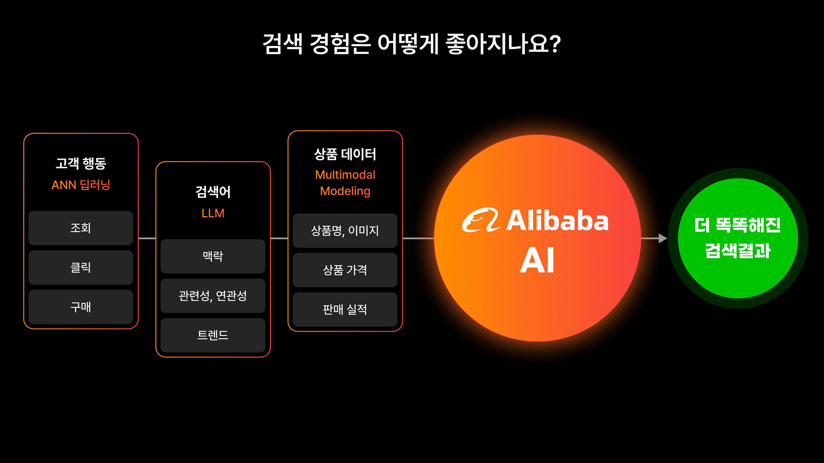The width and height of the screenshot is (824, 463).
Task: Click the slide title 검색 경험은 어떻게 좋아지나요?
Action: coord(412,44)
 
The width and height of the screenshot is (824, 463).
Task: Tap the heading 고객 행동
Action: coord(81,163)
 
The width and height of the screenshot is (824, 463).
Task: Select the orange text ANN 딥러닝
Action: coord(81,185)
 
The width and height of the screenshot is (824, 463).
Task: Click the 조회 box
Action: coord(81,228)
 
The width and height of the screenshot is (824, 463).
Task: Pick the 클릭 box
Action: coord(81,267)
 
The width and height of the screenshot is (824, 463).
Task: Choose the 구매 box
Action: coord(81,307)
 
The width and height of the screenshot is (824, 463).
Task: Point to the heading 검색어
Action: coord(213,192)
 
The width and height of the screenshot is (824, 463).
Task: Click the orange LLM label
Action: coord(213,213)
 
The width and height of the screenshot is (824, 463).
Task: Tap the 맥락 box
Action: coord(213,256)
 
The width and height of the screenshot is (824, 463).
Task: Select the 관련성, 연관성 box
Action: coord(213,296)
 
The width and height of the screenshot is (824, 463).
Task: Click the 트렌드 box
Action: coord(213,335)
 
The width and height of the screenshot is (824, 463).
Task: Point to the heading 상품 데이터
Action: coord(345,155)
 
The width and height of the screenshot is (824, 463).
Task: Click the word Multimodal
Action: coord(345,175)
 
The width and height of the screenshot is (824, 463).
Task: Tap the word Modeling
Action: coord(345,191)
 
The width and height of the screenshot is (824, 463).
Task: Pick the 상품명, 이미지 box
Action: coord(345,231)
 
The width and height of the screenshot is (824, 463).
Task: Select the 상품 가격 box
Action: coord(345,270)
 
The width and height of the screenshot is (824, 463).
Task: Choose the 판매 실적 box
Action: coord(345,310)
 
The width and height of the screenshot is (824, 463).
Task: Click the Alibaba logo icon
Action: coord(480,220)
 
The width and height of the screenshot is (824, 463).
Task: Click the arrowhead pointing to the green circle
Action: coord(662,238)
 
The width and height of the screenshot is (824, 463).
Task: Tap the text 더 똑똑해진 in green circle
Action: coord(737,225)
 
